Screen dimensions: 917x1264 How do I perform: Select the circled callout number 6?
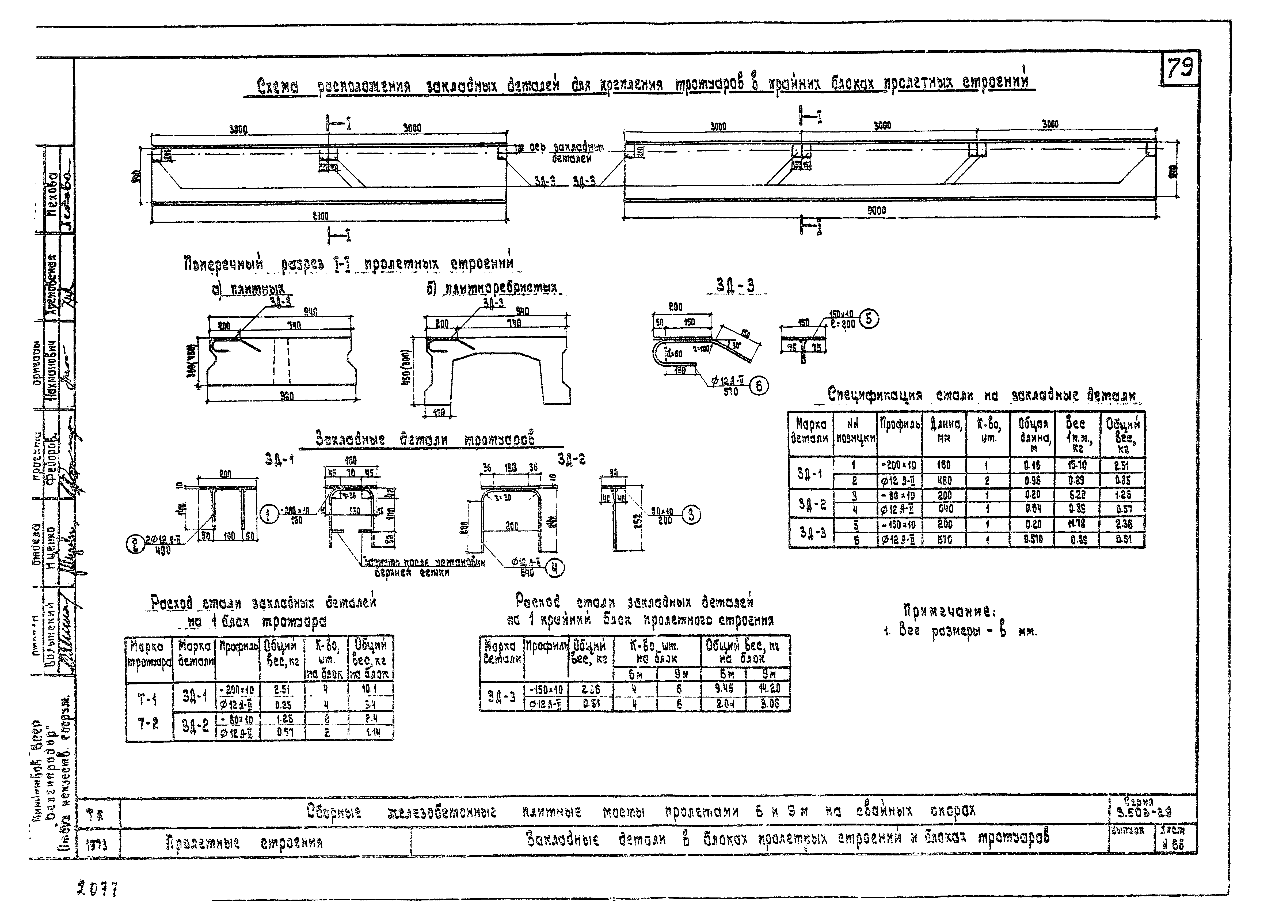(759, 386)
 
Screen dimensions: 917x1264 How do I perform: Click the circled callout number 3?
(691, 514)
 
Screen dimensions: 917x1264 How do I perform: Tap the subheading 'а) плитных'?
(248, 289)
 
